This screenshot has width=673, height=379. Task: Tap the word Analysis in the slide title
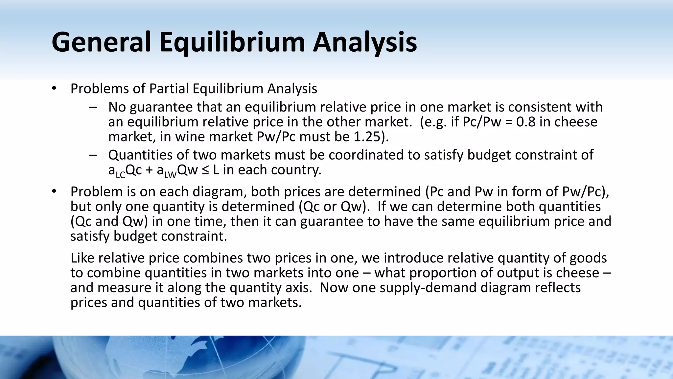point(364,42)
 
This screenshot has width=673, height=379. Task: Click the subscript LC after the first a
point(121,175)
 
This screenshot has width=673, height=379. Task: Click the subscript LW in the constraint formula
point(171,175)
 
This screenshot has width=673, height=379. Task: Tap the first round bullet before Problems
point(54,88)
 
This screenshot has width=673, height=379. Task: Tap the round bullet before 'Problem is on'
point(54,191)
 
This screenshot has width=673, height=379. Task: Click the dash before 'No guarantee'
point(93,107)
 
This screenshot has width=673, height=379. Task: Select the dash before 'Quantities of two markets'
point(93,155)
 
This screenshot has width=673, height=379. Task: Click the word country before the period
point(298,170)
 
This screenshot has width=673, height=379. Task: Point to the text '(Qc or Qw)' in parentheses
point(333,207)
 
